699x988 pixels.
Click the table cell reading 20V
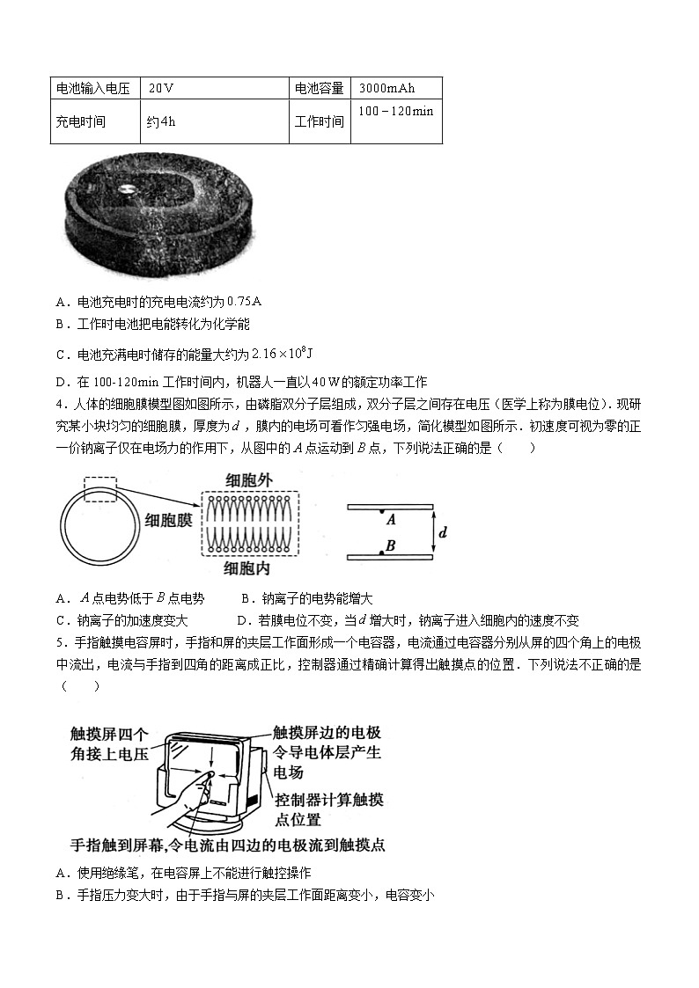click(x=161, y=88)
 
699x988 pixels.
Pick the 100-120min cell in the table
click(x=396, y=112)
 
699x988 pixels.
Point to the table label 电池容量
click(x=319, y=88)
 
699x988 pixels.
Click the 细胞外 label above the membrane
click(x=250, y=480)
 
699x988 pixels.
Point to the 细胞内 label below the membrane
click(x=250, y=567)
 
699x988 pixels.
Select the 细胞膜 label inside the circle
click(x=168, y=521)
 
